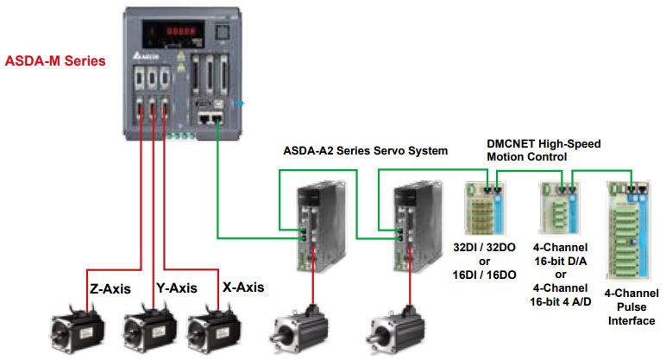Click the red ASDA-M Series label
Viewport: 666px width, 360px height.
point(55,61)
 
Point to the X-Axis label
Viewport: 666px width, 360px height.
point(242,287)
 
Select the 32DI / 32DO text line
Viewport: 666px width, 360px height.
point(485,249)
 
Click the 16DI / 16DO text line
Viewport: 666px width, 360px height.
point(485,275)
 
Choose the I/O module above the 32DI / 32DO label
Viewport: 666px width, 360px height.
point(485,207)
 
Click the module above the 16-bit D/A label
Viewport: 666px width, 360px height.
point(558,211)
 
